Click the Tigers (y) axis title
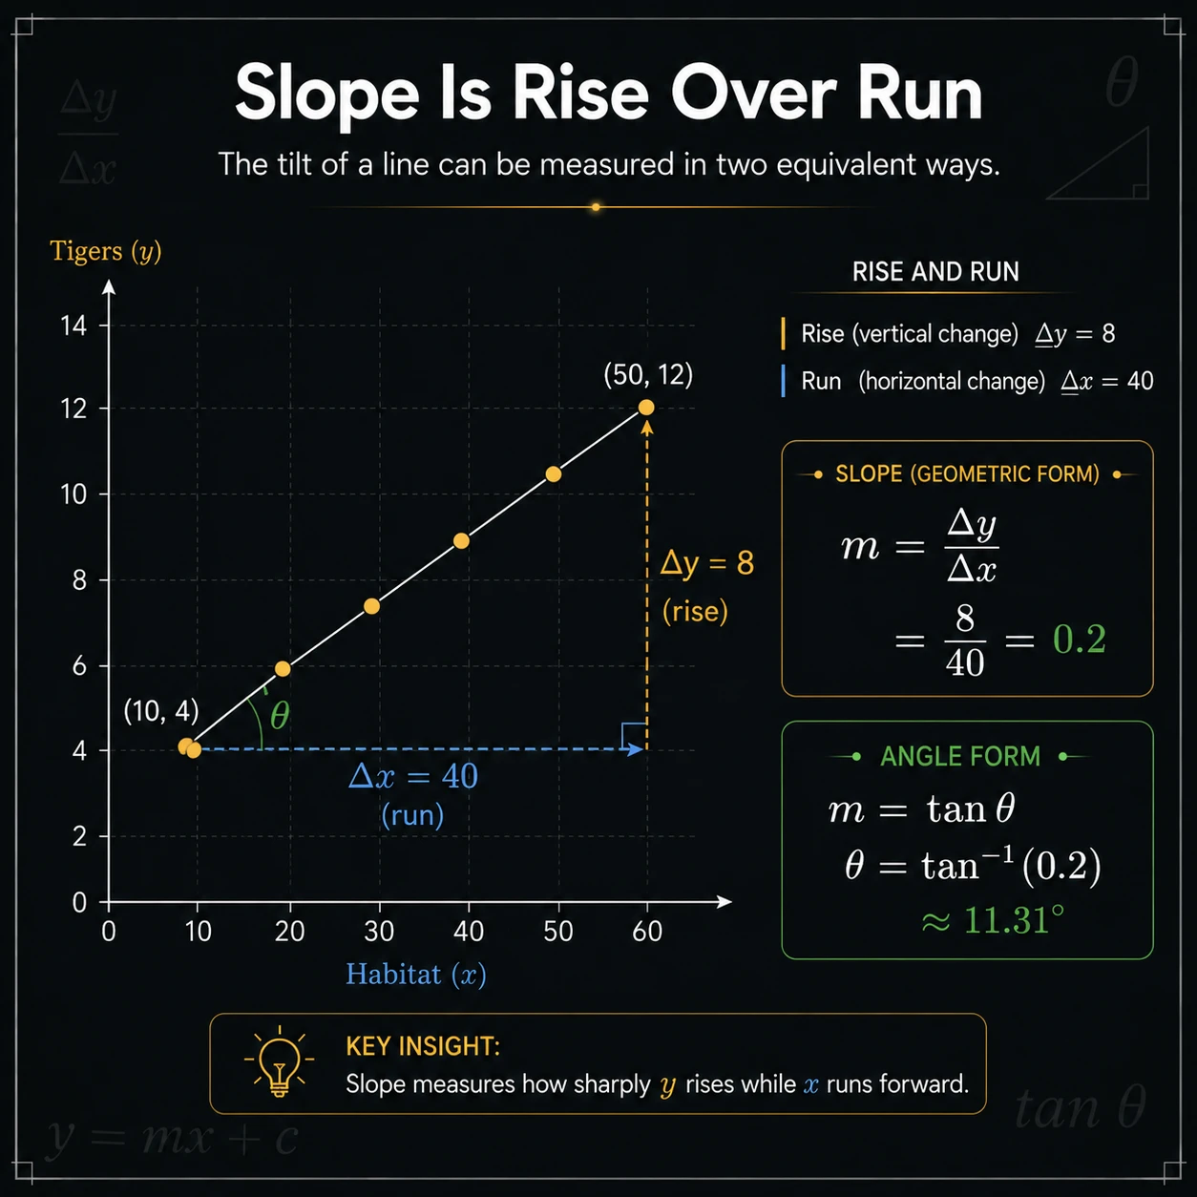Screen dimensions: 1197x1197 pyautogui.click(x=106, y=252)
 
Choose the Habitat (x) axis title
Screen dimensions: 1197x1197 pyautogui.click(x=415, y=974)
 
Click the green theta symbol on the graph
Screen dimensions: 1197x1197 pyautogui.click(x=280, y=716)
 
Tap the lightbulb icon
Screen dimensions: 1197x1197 pyautogui.click(x=279, y=1063)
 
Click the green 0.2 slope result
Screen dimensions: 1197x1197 pyautogui.click(x=1079, y=639)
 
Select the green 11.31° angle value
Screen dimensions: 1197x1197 pyautogui.click(x=1014, y=920)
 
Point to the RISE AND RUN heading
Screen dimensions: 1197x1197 pyautogui.click(x=935, y=271)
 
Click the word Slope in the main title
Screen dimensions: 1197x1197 pyautogui.click(x=327, y=94)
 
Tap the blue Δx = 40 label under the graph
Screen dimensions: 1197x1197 pyautogui.click(x=413, y=776)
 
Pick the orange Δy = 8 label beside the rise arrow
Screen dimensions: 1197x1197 pyautogui.click(x=707, y=563)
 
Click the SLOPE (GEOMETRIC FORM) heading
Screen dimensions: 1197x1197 pyautogui.click(x=967, y=474)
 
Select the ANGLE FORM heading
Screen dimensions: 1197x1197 pyautogui.click(x=959, y=757)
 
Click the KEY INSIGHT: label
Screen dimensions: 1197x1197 pyautogui.click(x=423, y=1047)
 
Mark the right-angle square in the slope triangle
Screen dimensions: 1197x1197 pyautogui.click(x=634, y=736)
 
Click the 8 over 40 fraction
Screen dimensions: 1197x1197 pyautogui.click(x=965, y=640)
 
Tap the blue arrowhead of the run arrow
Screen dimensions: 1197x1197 pyautogui.click(x=636, y=749)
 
